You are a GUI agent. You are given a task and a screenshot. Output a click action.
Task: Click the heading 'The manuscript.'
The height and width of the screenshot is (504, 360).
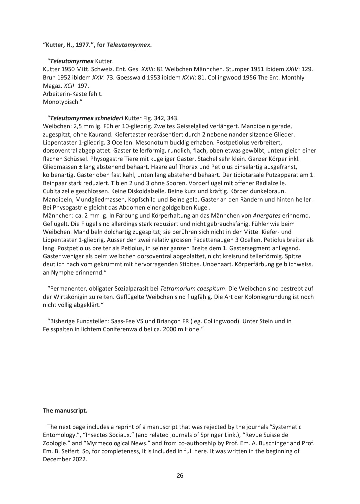(x=65, y=410)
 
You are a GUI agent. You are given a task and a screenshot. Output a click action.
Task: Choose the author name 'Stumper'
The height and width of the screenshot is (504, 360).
(x=237, y=69)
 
